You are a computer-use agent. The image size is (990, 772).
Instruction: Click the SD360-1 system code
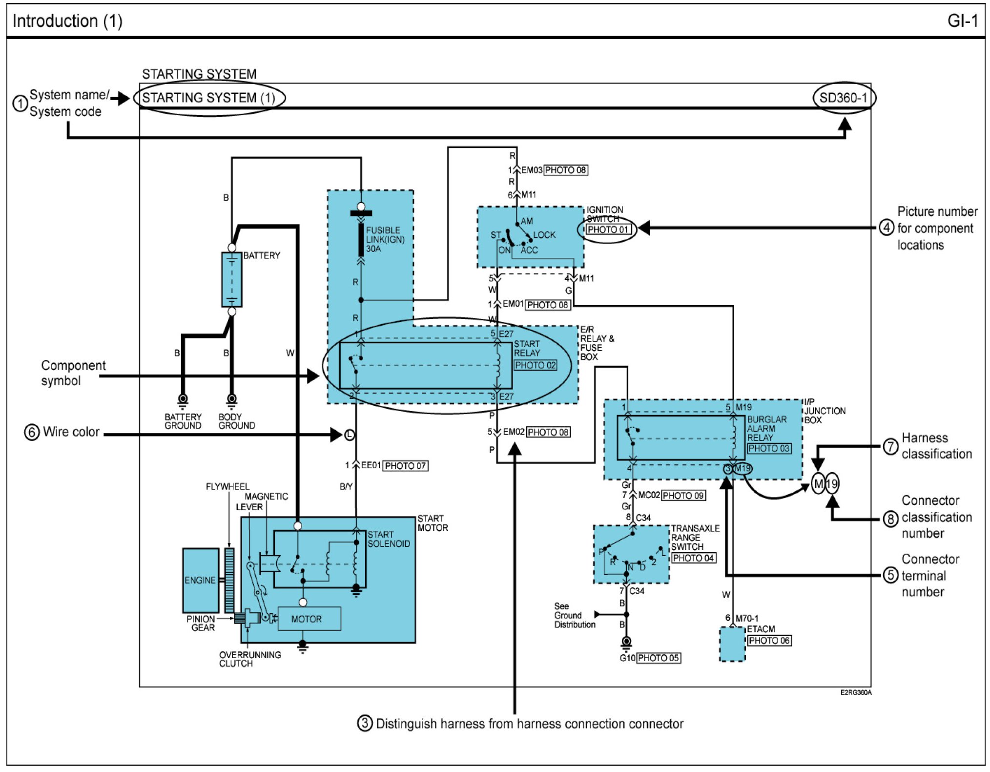click(x=843, y=98)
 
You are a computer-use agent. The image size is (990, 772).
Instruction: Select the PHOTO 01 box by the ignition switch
click(x=608, y=229)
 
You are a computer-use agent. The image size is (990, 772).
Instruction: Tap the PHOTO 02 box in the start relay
click(x=535, y=365)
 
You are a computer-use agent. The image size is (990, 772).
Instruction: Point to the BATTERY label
click(x=262, y=255)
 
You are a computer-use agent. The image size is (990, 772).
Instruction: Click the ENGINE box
click(x=200, y=580)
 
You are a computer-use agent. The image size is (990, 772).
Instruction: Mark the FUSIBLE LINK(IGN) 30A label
click(x=385, y=239)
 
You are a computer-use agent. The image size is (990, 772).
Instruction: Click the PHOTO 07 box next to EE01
click(x=405, y=466)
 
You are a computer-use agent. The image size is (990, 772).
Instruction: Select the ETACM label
click(x=761, y=629)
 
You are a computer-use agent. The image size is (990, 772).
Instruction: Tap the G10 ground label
click(x=627, y=658)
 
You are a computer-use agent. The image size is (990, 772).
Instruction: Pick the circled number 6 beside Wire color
click(x=32, y=432)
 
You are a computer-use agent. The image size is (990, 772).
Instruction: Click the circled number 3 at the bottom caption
click(x=365, y=723)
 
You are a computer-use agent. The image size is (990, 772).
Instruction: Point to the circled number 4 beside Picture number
click(x=887, y=227)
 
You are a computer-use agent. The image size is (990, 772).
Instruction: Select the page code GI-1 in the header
click(x=962, y=21)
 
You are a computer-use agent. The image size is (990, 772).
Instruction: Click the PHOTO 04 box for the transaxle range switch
click(x=693, y=558)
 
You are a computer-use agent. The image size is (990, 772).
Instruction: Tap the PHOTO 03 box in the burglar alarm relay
click(x=769, y=448)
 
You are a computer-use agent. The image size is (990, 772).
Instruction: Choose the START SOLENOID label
click(x=389, y=539)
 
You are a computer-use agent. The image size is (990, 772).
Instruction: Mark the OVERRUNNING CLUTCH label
click(x=249, y=659)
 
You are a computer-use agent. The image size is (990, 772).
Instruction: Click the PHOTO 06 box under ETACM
click(x=769, y=640)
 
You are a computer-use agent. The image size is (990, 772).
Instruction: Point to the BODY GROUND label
click(x=236, y=421)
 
